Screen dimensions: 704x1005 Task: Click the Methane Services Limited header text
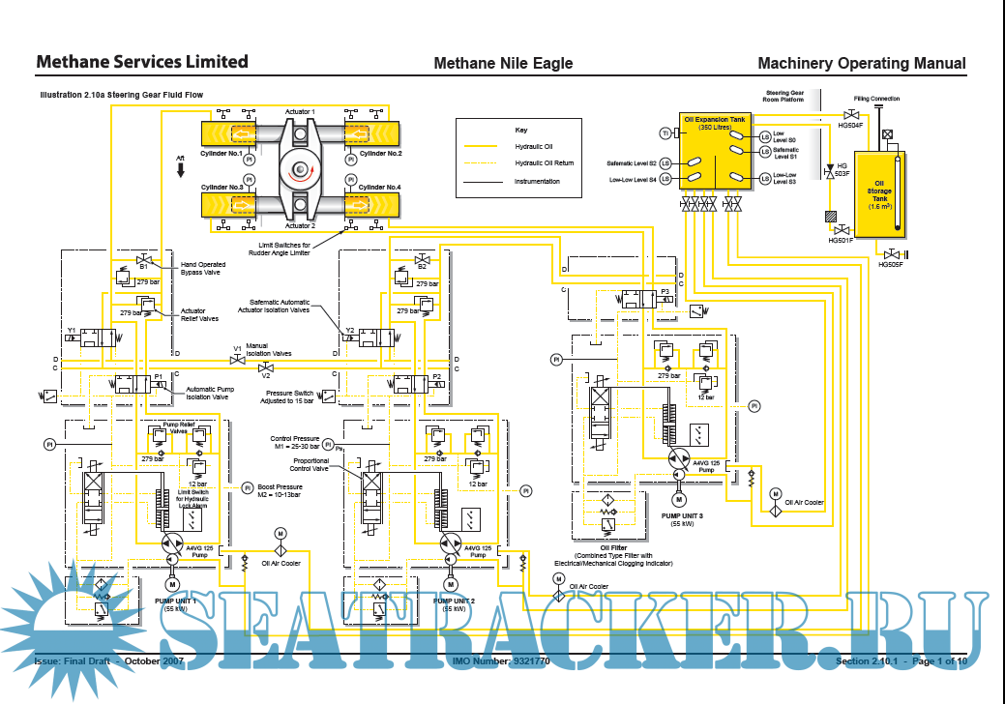point(141,62)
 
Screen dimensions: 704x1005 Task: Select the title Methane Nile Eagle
point(503,63)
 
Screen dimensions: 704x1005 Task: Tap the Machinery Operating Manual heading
point(861,63)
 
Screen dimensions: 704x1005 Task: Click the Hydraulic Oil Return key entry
point(544,163)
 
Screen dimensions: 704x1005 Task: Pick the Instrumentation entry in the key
point(537,181)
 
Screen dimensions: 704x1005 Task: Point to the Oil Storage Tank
point(880,193)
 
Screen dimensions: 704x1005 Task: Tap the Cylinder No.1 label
point(222,154)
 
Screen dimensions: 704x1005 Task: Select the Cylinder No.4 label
point(380,187)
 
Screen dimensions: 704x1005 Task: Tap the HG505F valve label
point(890,264)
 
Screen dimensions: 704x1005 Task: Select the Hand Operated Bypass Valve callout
point(204,268)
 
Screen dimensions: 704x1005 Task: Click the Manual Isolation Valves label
point(268,349)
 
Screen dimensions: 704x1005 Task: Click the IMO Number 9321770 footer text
point(501,661)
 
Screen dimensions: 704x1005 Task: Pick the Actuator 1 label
point(300,112)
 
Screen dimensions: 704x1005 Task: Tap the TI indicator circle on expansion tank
point(665,132)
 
